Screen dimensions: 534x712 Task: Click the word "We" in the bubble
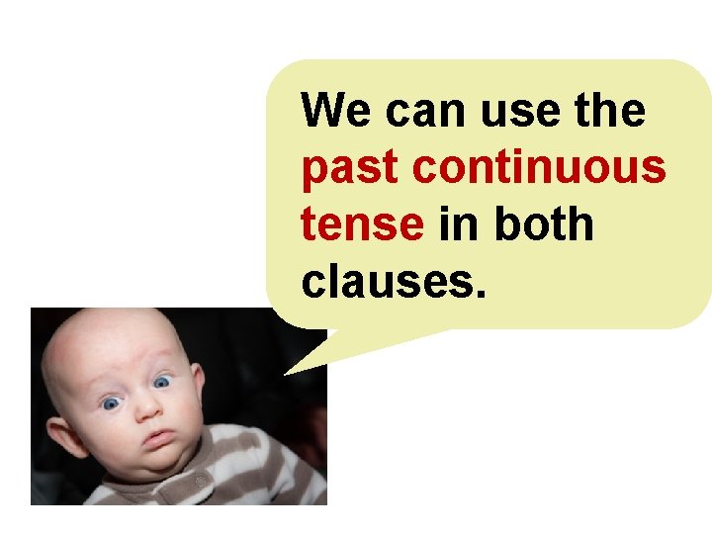point(338,111)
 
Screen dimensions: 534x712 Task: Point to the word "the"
point(605,111)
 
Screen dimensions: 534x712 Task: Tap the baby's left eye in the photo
point(162,380)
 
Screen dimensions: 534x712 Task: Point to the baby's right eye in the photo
point(111,402)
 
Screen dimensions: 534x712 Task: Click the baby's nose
point(145,405)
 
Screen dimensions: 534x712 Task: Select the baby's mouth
point(158,435)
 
